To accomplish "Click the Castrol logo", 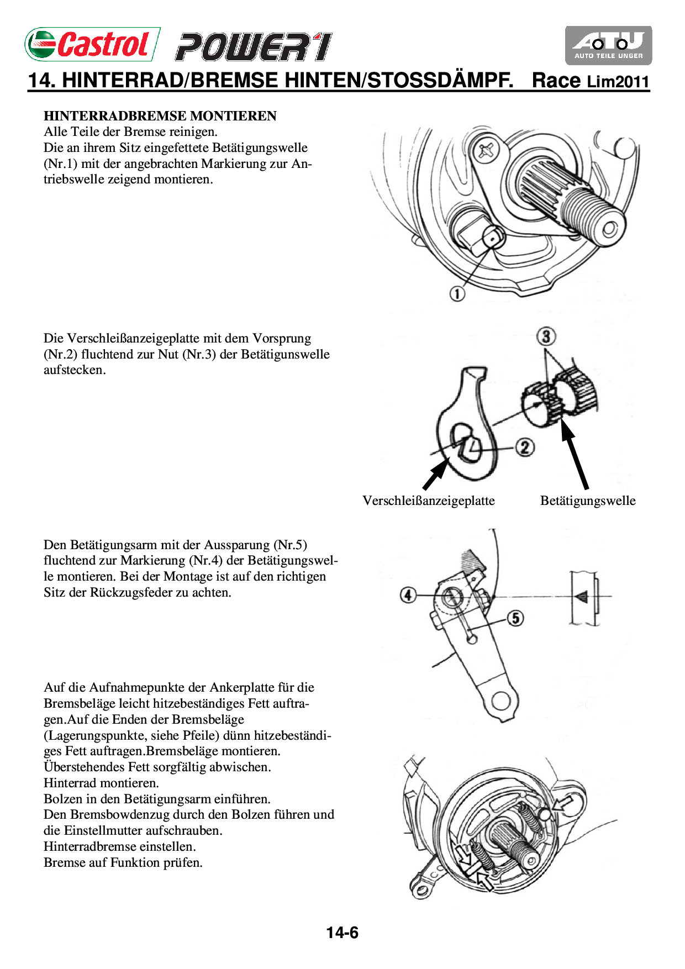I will (x=92, y=44).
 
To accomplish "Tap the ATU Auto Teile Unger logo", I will (x=608, y=45).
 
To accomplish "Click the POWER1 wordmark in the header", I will (x=254, y=47).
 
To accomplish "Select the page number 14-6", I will (x=342, y=933).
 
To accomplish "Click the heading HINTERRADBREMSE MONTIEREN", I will (x=160, y=116).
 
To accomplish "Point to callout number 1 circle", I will (x=457, y=293).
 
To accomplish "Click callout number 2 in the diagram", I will (x=525, y=447).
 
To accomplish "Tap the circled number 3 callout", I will (x=546, y=336).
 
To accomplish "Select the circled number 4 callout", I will (x=408, y=595).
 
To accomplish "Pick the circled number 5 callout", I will (x=515, y=618).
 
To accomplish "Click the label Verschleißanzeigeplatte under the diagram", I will (x=429, y=501).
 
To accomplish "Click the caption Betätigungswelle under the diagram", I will (x=588, y=501).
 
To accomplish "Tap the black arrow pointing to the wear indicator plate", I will (x=436, y=475).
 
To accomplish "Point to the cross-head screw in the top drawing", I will (x=486, y=150).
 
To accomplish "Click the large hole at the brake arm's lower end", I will (x=501, y=701).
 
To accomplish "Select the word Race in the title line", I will (x=556, y=81).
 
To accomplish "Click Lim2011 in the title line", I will (x=618, y=82).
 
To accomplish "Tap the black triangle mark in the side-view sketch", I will (x=581, y=597).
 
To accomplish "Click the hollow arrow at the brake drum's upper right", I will (x=565, y=803).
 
